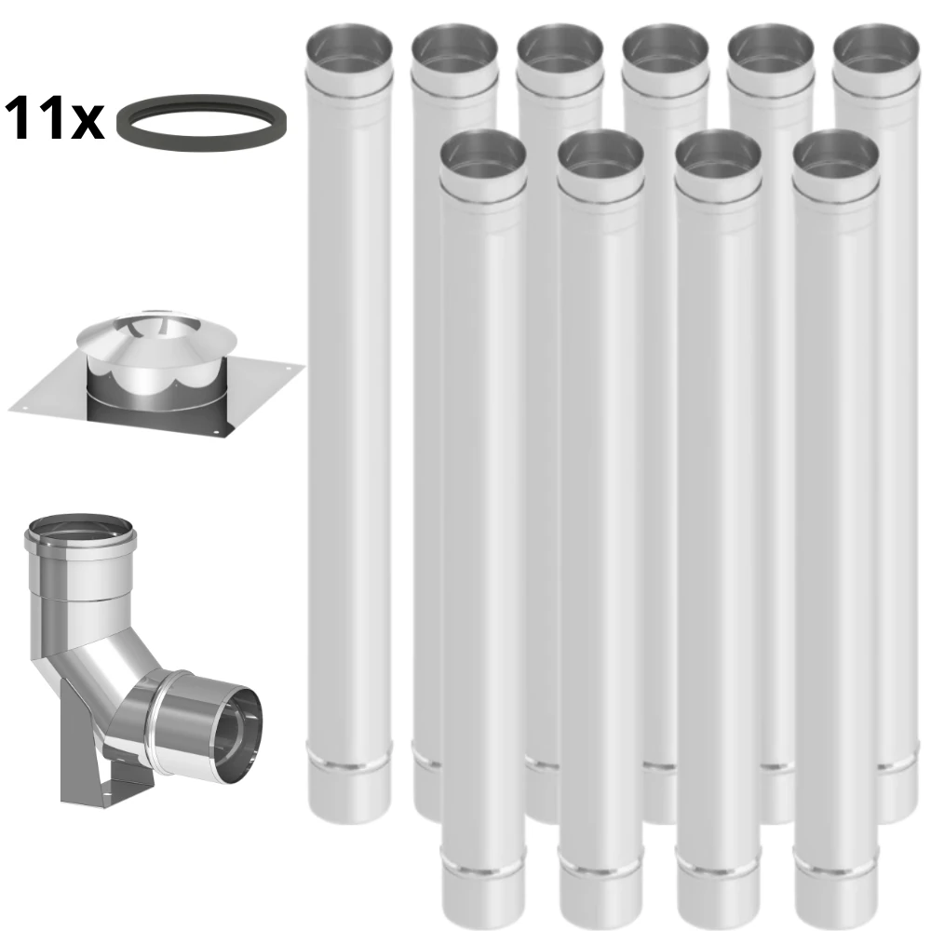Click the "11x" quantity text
pyautogui.click(x=54, y=119)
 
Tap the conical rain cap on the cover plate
pyautogui.click(x=156, y=337)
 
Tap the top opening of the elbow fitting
pyautogui.click(x=79, y=530)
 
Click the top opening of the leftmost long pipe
pyautogui.click(x=348, y=48)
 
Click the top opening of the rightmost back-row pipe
pyautogui.click(x=876, y=48)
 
